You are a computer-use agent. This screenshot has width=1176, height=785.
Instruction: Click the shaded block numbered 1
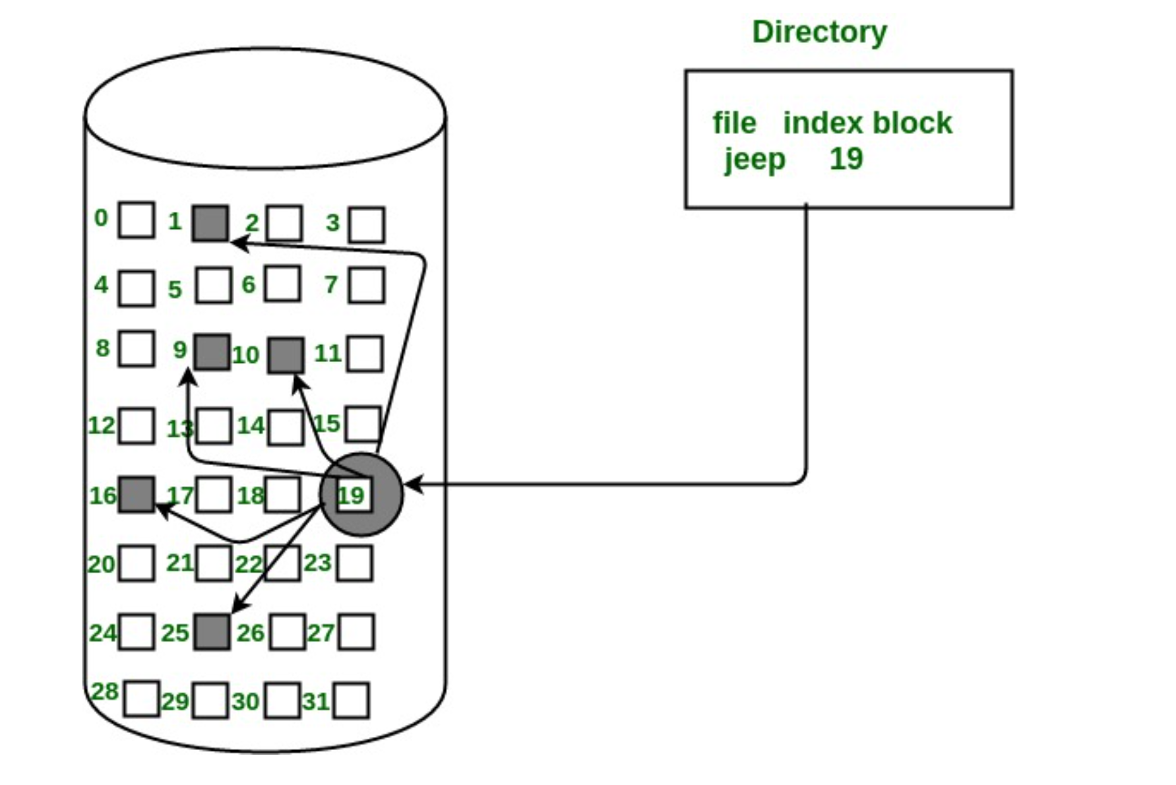pos(210,223)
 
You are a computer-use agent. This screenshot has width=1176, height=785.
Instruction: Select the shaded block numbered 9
pos(212,352)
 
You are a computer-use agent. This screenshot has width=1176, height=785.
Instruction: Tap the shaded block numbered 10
pos(286,355)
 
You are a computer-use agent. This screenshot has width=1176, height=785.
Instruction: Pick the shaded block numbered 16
pos(137,495)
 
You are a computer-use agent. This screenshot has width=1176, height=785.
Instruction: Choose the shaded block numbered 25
pos(212,632)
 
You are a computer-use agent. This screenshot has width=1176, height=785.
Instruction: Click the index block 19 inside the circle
pos(354,495)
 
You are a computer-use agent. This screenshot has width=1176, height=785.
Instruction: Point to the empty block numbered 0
pos(137,220)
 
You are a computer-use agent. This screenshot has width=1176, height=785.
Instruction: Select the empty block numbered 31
pos(351,701)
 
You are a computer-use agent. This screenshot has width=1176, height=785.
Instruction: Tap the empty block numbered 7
pos(367,286)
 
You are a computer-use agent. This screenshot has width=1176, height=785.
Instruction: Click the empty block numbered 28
pos(141,699)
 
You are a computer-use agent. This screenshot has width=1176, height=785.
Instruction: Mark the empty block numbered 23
pos(355,563)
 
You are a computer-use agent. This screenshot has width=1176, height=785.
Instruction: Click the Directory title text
pos(819,32)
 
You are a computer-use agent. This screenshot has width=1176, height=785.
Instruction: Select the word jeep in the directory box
pos(755,160)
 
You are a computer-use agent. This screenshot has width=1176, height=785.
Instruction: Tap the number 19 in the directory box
pos(846,159)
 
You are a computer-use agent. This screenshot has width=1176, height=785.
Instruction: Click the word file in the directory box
pos(733,123)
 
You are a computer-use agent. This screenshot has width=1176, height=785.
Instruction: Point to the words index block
pos(867,123)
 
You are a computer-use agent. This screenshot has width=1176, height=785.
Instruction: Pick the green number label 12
pos(102,425)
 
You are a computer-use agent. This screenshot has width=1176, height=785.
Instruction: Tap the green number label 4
pos(101,284)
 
